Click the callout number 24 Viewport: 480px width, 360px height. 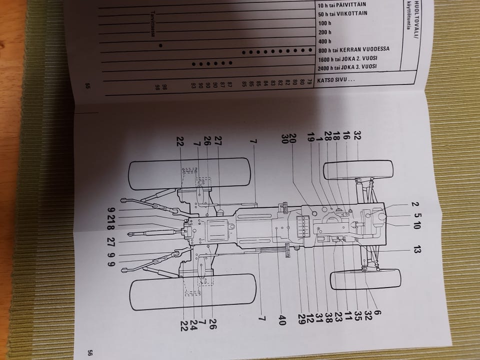[193, 321]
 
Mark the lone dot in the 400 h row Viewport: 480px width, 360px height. [160, 45]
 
